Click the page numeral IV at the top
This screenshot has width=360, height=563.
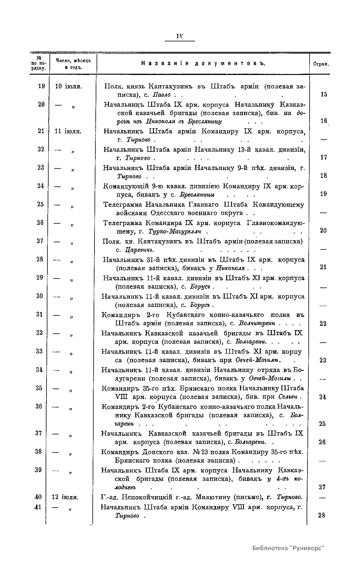pos(180,36)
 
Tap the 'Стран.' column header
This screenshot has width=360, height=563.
pos(320,64)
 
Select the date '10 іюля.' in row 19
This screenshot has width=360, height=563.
pos(69,86)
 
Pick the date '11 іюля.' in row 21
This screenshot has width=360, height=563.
pos(69,131)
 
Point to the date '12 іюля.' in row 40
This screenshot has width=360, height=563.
pos(65,497)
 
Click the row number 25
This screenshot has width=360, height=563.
pos(40,204)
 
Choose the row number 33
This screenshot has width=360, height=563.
pos(40,351)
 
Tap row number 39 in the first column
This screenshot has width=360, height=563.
pos(38,470)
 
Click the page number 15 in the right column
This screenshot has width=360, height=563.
pos(324,94)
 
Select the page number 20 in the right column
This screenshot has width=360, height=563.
pos(323,231)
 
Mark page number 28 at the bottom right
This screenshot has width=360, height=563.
pos(322,515)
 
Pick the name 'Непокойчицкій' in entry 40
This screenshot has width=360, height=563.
pos(147,497)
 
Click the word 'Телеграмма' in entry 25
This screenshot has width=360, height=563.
pos(123,205)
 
